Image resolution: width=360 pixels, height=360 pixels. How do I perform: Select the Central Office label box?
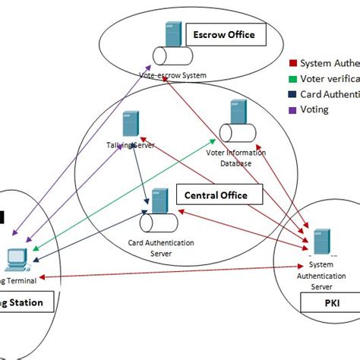(x=216, y=195)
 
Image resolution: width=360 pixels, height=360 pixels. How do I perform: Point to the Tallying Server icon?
(x=130, y=124)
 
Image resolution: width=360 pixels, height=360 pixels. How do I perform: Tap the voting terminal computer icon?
(x=17, y=258)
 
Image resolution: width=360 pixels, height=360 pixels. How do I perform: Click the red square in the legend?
(x=294, y=64)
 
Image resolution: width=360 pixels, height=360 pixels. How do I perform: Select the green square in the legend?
(x=294, y=79)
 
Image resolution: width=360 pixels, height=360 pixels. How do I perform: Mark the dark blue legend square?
(x=294, y=94)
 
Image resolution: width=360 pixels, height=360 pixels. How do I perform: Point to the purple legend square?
(x=294, y=109)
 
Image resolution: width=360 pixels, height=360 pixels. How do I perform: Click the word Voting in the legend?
(x=314, y=109)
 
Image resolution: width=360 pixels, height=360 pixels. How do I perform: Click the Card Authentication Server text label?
(x=161, y=248)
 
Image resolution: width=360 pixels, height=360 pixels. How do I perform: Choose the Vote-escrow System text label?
(x=172, y=75)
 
